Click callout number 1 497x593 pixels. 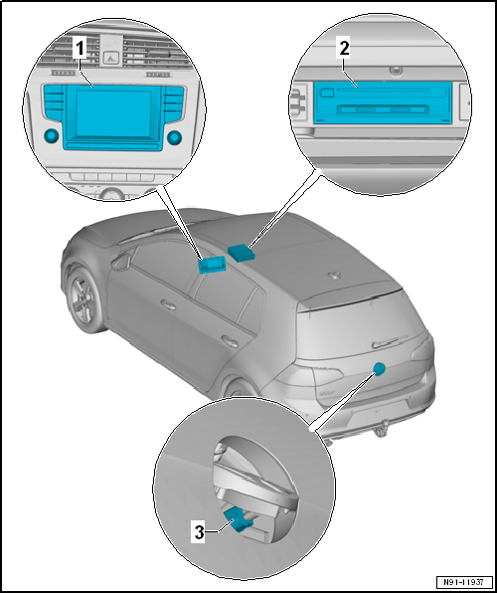(80, 50)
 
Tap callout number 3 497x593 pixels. (199, 533)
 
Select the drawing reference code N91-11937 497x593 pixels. (465, 581)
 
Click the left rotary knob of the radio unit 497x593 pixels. (51, 135)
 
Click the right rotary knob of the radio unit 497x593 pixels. (174, 138)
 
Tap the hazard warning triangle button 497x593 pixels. (111, 58)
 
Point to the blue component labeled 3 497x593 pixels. (238, 519)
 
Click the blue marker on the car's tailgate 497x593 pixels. (379, 368)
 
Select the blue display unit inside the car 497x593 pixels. (212, 264)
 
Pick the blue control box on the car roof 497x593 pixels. (242, 252)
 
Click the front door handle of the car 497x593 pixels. (168, 304)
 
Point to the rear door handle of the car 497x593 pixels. (230, 341)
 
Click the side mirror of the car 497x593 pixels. (121, 262)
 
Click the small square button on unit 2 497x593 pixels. (327, 93)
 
